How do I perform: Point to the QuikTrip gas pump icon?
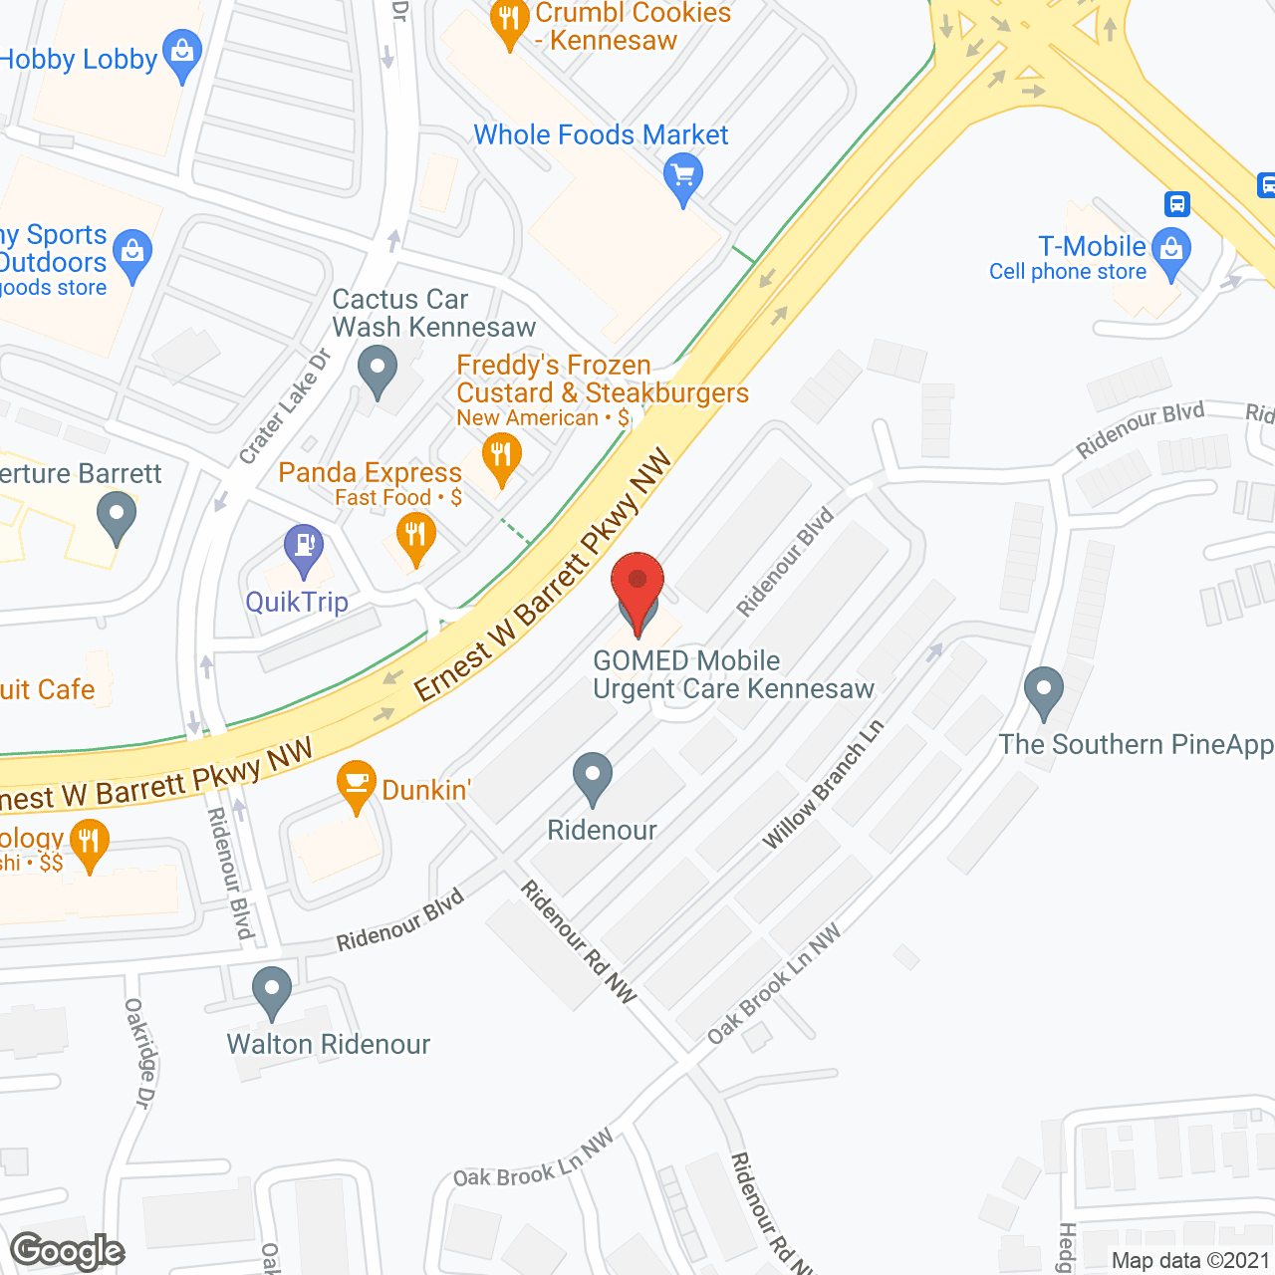tap(304, 547)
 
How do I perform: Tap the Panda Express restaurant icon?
tap(415, 537)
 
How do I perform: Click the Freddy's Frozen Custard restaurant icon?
tap(501, 458)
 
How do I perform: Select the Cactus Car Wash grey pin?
tap(377, 370)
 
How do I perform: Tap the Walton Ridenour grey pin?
tap(271, 990)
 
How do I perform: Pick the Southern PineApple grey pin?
tap(1043, 689)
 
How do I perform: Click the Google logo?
tap(67, 1251)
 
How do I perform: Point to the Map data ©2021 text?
tap(1189, 1260)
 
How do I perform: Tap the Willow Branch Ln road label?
tap(823, 785)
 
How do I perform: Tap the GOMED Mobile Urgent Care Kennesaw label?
tap(732, 674)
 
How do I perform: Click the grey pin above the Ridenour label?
tap(593, 777)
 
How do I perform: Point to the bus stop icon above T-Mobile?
tap(1177, 204)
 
